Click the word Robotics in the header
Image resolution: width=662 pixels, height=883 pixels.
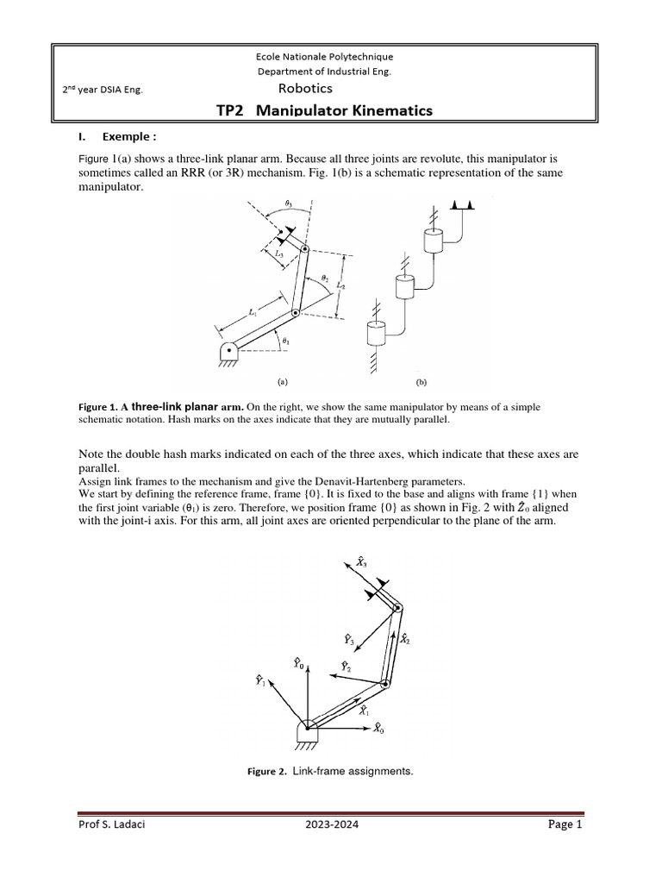(x=304, y=88)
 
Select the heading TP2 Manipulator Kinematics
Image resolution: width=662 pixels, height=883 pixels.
(x=322, y=110)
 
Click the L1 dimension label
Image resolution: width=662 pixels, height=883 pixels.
(x=252, y=316)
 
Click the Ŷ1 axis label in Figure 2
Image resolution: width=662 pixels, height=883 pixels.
(x=259, y=680)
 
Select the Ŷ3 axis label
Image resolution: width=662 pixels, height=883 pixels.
(x=347, y=640)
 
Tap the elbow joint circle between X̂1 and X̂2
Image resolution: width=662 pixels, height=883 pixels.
(x=386, y=683)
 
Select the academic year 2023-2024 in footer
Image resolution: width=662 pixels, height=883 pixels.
(x=332, y=826)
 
